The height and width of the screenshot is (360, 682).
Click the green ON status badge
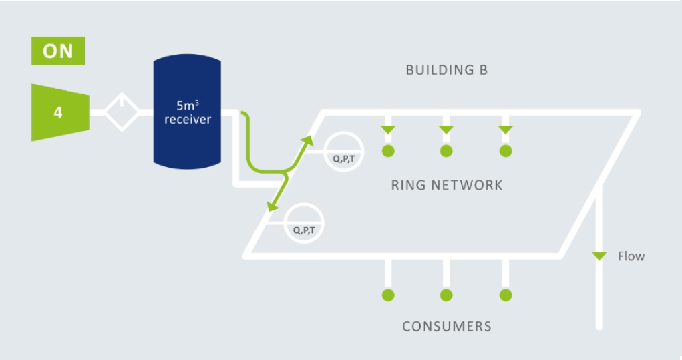58,51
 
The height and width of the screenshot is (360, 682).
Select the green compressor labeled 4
59,112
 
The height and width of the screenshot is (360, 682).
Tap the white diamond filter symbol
121,112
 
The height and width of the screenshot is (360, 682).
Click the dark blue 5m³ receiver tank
188,112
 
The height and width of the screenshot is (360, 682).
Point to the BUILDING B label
447,70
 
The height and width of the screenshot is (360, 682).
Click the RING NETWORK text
446,185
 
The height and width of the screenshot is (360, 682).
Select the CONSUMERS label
446,326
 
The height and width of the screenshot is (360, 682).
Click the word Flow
631,256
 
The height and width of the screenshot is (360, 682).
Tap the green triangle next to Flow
599,256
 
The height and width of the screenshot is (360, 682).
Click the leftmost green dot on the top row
388,151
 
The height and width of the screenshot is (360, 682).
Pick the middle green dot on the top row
446,151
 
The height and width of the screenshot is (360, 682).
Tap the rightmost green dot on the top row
506,151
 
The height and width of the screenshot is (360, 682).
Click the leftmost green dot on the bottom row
388,295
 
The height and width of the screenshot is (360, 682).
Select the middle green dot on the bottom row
446,295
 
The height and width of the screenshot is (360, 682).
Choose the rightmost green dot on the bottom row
506,295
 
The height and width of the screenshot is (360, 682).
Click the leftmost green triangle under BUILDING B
388,129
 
